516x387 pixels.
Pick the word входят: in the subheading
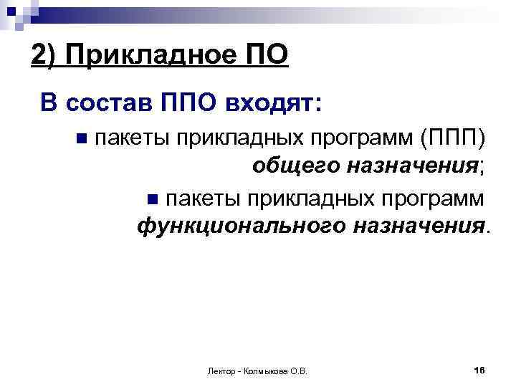tap(273, 104)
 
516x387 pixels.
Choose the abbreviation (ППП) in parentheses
tap(457, 136)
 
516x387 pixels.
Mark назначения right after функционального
tap(419, 227)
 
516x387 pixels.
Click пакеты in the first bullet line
tap(126, 136)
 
